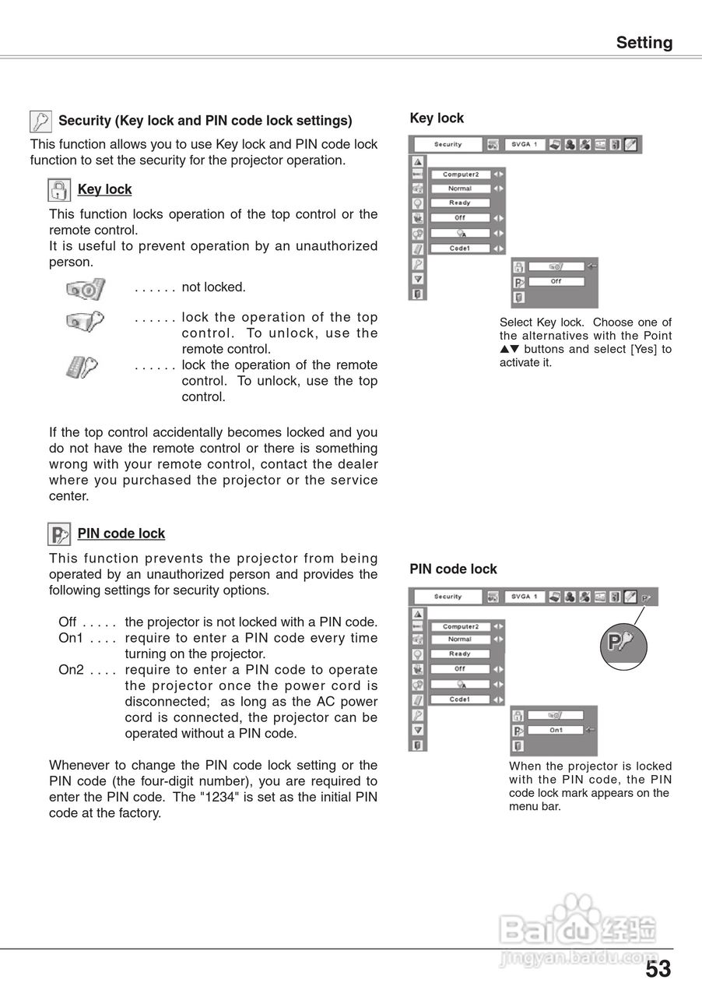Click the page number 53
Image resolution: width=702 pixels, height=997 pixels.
(x=658, y=969)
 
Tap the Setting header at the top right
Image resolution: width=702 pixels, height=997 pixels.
(x=644, y=43)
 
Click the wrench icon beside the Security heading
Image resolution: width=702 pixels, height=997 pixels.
(x=40, y=121)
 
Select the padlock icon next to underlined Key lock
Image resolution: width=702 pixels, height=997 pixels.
(x=59, y=189)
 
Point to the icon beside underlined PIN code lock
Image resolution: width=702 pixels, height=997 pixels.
(x=59, y=534)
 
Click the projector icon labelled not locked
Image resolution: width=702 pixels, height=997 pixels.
(x=85, y=289)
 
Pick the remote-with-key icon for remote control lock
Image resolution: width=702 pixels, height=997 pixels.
(x=81, y=366)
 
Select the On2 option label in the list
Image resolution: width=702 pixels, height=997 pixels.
(x=71, y=670)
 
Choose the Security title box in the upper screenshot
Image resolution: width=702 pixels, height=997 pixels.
(x=448, y=145)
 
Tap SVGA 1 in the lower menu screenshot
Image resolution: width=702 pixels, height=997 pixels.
(x=524, y=597)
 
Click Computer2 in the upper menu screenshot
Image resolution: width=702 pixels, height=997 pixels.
(x=460, y=174)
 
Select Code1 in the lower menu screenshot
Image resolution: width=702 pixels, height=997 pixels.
(x=460, y=699)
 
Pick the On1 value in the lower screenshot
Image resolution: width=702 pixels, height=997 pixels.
(x=556, y=731)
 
